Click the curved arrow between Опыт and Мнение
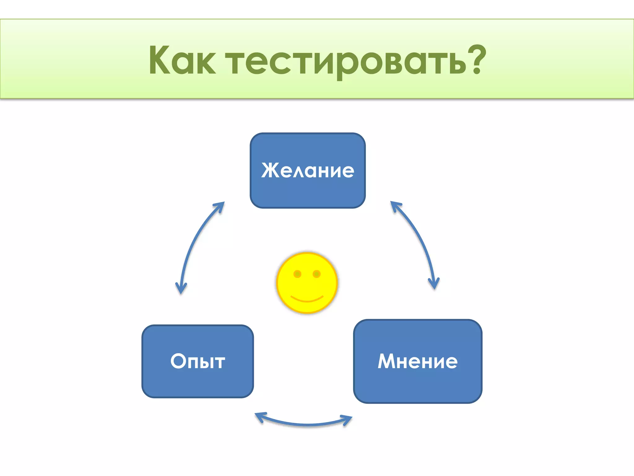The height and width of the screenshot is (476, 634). tap(306, 424)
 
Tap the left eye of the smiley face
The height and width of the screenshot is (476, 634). tap(297, 274)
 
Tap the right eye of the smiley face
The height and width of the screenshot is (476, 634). tap(316, 274)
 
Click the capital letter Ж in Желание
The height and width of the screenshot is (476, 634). tap(270, 170)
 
